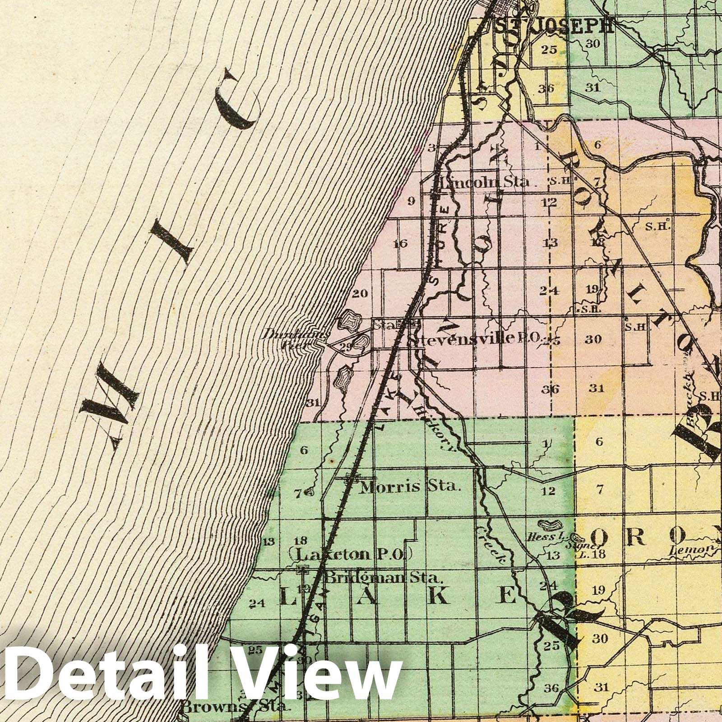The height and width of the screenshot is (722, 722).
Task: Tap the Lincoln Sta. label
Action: [485, 182]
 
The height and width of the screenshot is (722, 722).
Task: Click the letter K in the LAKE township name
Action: [441, 597]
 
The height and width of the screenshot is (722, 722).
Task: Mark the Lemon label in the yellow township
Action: [687, 550]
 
